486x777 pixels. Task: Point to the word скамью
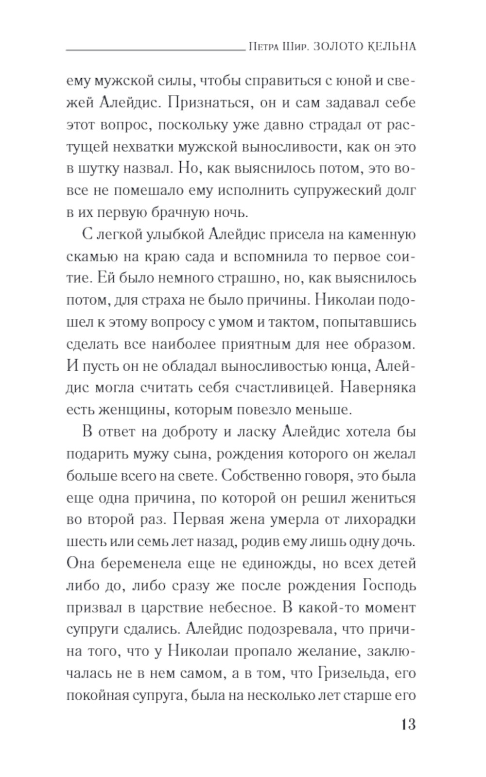coord(91,257)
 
